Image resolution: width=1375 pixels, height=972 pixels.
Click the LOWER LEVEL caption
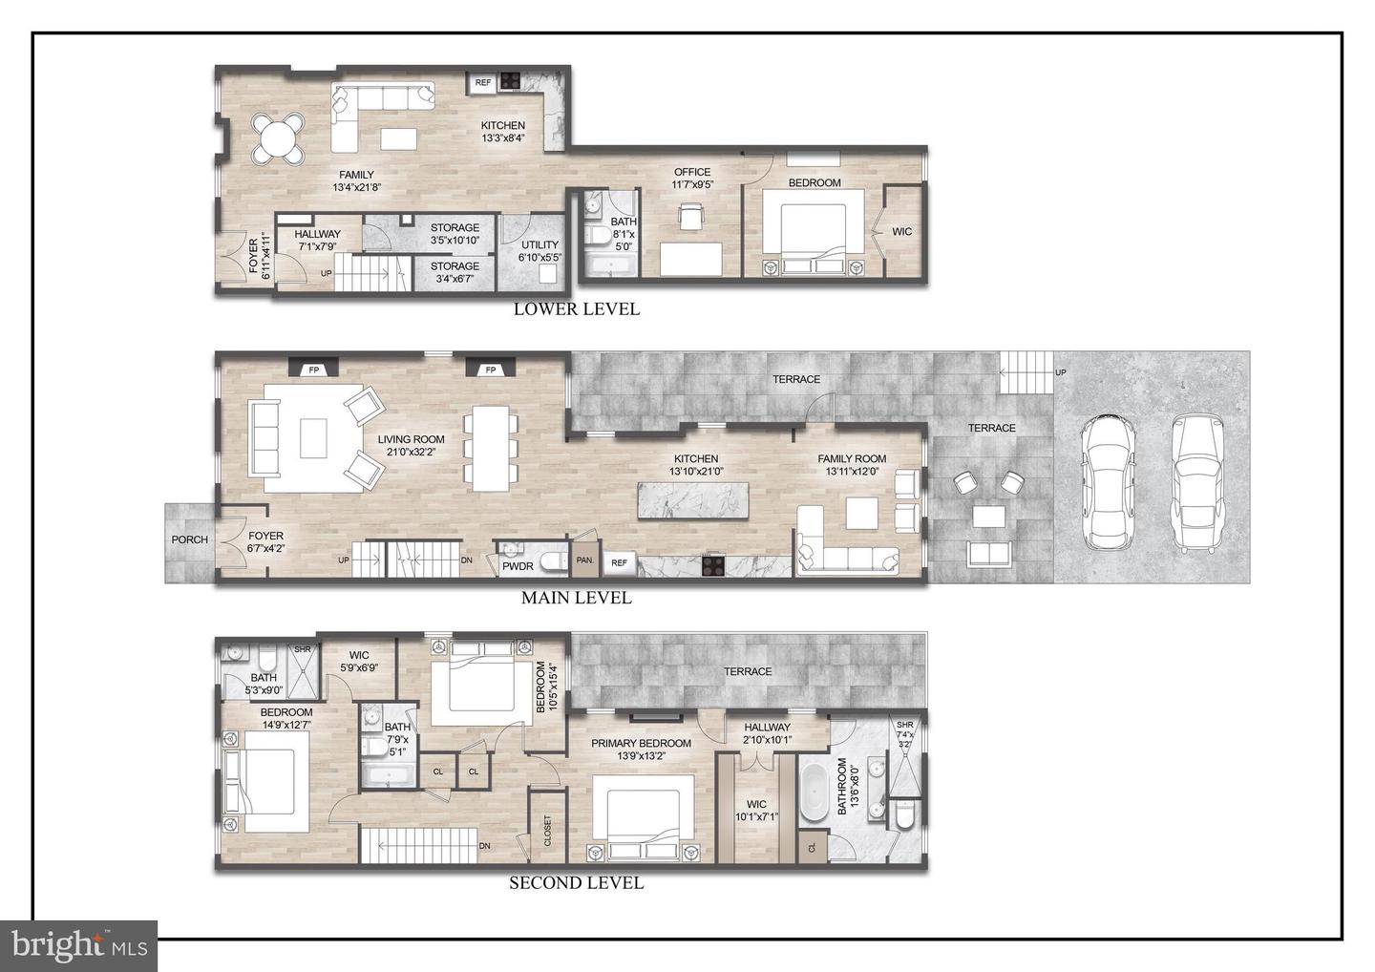pyautogui.click(x=577, y=308)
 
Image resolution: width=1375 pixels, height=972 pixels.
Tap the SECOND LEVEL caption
pyautogui.click(x=577, y=883)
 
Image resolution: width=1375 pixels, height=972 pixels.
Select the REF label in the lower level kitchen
pyautogui.click(x=483, y=82)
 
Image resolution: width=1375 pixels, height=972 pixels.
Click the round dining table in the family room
pyautogui.click(x=278, y=138)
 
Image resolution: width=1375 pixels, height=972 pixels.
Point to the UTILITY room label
pyautogui.click(x=540, y=244)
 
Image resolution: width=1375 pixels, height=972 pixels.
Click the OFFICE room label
pyautogui.click(x=692, y=173)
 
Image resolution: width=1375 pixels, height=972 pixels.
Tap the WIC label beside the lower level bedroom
pyautogui.click(x=901, y=232)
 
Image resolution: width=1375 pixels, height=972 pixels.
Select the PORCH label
pyautogui.click(x=190, y=540)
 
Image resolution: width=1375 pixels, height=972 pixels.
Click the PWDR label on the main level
pyautogui.click(x=518, y=566)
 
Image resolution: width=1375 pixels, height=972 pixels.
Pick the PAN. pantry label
pyautogui.click(x=585, y=560)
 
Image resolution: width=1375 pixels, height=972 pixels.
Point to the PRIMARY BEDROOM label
pyautogui.click(x=641, y=743)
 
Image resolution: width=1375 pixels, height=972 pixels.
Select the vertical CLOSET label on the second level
pyautogui.click(x=547, y=831)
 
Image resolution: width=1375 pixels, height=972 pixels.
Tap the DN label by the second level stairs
pyautogui.click(x=485, y=846)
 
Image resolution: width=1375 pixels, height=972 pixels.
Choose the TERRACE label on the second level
pyautogui.click(x=748, y=672)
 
